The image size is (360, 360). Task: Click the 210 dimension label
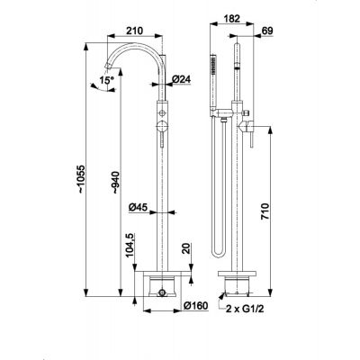135,31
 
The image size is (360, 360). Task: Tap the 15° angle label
107,80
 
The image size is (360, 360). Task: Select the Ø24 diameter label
182,79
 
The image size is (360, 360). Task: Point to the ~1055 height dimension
81,179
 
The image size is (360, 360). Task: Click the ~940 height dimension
115,182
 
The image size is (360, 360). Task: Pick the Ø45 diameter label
139,207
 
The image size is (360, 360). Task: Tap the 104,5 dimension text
130,246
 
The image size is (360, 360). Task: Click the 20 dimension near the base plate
187,248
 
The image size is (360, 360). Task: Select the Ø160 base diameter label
195,306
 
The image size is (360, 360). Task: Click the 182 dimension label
232,19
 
